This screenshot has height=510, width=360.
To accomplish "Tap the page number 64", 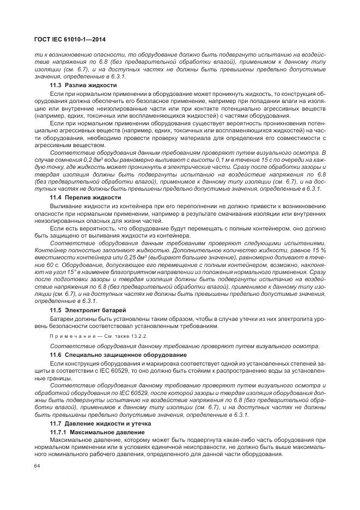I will (x=38, y=465).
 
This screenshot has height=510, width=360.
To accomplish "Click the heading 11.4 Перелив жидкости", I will (x=85, y=197).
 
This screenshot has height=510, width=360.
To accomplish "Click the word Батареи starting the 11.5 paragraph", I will (x=63, y=319).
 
